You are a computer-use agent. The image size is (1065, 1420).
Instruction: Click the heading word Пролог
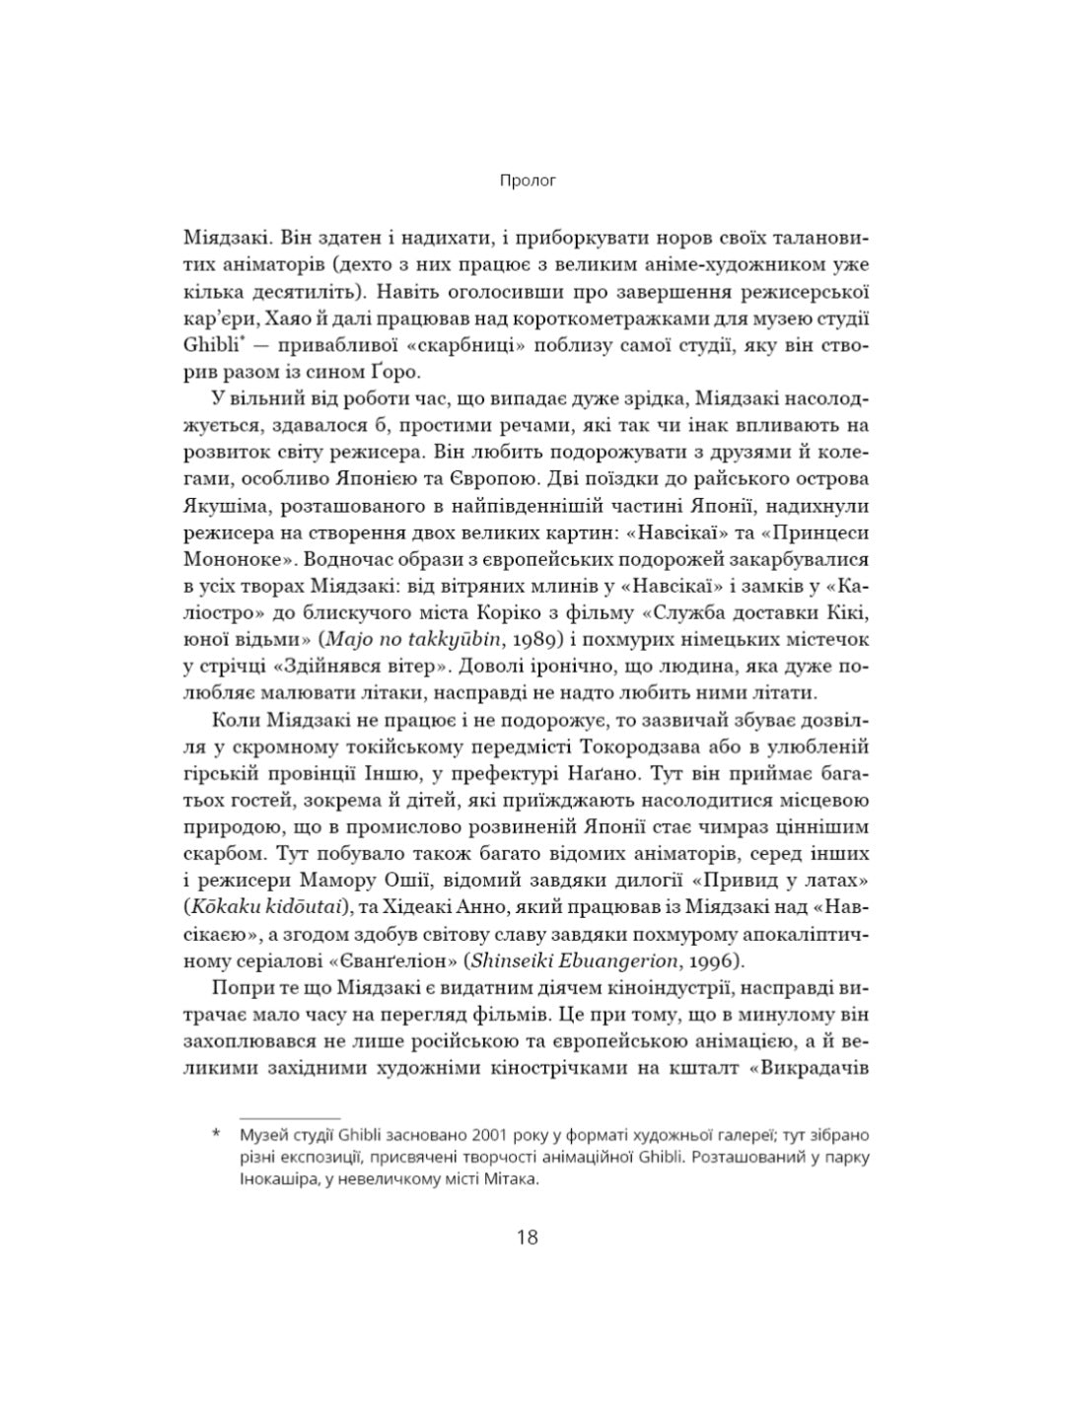pyautogui.click(x=528, y=180)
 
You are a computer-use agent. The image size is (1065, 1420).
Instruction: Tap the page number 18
pyautogui.click(x=528, y=1236)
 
